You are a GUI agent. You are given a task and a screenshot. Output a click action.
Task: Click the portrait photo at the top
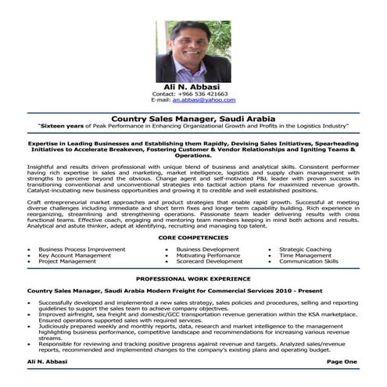pyautogui.click(x=193, y=52)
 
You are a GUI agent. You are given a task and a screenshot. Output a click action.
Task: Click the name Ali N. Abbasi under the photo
pyautogui.click(x=193, y=85)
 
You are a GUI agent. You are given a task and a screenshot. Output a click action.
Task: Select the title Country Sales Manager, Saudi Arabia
pyautogui.click(x=193, y=117)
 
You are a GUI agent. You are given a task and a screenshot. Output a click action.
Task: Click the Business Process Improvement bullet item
pyautogui.click(x=81, y=249)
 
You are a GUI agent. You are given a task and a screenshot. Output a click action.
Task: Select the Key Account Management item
pyautogui.click(x=75, y=255)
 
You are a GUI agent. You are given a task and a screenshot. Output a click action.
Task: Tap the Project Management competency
pyautogui.click(x=69, y=261)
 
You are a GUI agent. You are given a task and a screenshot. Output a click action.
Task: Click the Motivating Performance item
pyautogui.click(x=202, y=255)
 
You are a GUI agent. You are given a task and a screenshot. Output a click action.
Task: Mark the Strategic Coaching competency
pyautogui.click(x=305, y=249)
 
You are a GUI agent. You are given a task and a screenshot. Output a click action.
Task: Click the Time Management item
pyautogui.click(x=305, y=255)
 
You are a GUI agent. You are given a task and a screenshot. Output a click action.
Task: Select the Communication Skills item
pyautogui.click(x=309, y=261)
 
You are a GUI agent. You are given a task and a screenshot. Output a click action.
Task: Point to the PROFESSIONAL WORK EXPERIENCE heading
pyautogui.click(x=193, y=278)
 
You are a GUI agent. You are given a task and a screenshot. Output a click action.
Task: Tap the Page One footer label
pyautogui.click(x=342, y=362)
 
